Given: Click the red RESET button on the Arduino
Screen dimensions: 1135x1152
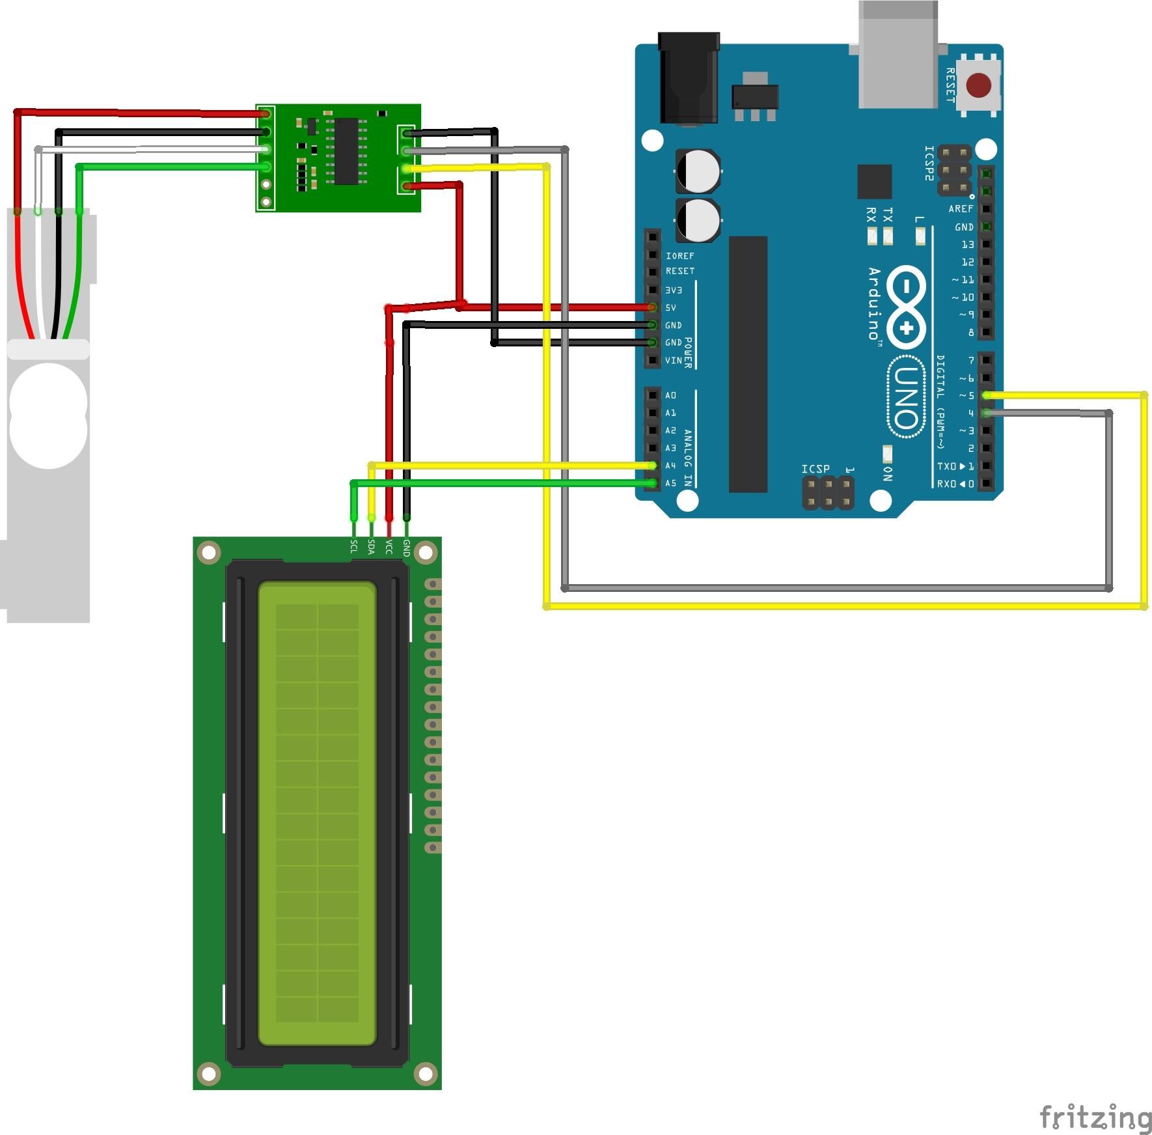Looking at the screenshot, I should coord(978,85).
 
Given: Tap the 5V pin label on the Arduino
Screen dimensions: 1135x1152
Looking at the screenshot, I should coord(670,308).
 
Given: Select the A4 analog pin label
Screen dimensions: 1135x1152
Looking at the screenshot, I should coord(670,466).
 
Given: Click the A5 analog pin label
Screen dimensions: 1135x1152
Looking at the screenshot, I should coord(670,483).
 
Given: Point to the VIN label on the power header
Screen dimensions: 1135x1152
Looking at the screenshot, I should coord(673,360).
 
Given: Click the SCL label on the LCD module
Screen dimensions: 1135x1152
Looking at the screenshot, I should coord(354,547).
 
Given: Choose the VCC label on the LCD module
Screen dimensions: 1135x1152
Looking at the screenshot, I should coord(389,547).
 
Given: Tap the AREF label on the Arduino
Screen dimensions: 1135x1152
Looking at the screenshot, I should coord(961,209).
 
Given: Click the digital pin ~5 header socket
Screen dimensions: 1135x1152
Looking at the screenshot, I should coord(987,395).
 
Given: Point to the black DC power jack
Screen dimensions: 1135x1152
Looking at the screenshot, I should coord(689,78).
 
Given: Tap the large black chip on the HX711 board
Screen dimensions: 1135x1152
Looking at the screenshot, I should coord(346,151).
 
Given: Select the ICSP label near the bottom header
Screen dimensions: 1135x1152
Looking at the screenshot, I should coord(815,469).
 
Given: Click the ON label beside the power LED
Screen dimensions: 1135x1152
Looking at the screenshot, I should coord(888,474).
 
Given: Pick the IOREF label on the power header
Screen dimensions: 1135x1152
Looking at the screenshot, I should coord(679,256).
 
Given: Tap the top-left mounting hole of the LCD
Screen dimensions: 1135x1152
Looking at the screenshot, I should coord(209,553).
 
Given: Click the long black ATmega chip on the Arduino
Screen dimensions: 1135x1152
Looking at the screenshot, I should coord(748,365).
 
